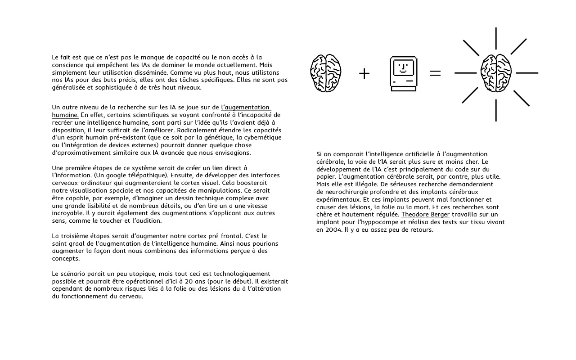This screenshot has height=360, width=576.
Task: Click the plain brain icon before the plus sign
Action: click(x=325, y=73)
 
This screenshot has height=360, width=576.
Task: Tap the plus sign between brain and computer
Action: click(x=364, y=73)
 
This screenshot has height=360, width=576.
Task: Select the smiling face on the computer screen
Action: click(x=403, y=68)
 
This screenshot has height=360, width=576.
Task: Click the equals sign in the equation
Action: click(x=435, y=73)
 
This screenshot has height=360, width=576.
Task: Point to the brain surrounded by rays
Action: click(x=496, y=73)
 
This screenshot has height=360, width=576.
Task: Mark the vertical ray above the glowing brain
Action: click(x=496, y=38)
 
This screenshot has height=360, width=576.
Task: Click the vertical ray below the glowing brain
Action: click(x=496, y=110)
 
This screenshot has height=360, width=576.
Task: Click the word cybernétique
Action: click(x=261, y=137)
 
